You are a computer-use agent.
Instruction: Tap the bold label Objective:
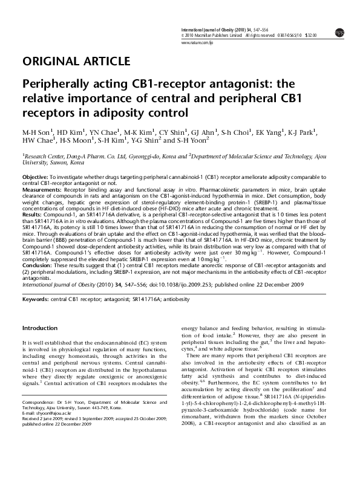point(35,175)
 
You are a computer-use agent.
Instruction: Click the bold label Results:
point(32,215)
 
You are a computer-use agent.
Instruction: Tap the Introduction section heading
point(39,328)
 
